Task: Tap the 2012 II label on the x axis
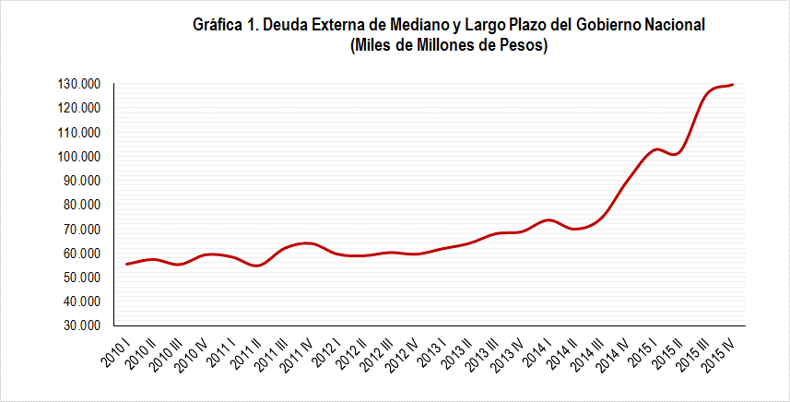coord(351,349)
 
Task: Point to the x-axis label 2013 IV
coord(510,349)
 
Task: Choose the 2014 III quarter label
coord(589,350)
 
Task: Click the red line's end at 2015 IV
coord(733,85)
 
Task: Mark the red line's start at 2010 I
coord(126,264)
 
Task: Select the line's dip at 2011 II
coord(258,266)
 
